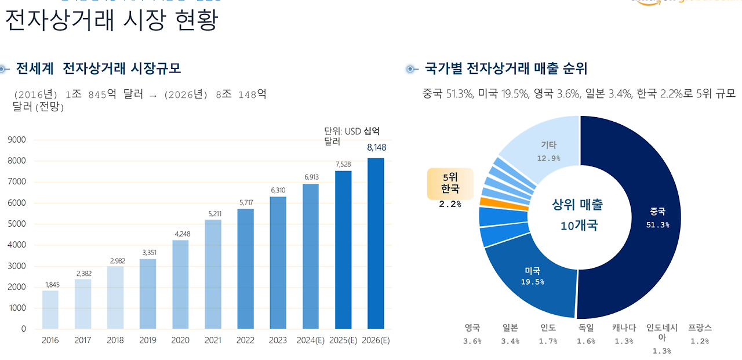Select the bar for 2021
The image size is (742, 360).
pos(213,274)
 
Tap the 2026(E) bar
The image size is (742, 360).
pos(376,243)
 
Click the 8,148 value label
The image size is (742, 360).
pos(376,148)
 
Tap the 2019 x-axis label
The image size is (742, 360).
pos(148,340)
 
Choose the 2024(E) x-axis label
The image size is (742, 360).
pos(311,340)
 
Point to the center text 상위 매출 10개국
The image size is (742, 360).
pos(577,214)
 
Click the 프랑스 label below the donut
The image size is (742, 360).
pos(700,328)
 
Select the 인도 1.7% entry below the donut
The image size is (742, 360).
pos(548,334)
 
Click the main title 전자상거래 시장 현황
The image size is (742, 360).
pos(111,21)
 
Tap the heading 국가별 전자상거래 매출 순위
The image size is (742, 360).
pos(506,69)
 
